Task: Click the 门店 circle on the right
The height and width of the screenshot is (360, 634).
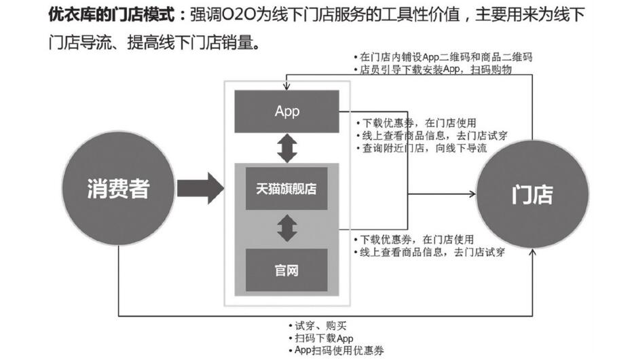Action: [533, 194]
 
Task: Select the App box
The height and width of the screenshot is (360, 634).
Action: [287, 111]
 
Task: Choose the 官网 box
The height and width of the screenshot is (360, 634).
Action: [287, 270]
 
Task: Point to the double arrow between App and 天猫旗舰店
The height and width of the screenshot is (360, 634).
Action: [287, 148]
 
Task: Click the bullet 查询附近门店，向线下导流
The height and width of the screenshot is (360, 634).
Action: [422, 148]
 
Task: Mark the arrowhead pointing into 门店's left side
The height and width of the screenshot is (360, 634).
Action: [472, 195]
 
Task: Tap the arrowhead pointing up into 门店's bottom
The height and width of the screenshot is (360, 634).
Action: [532, 252]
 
